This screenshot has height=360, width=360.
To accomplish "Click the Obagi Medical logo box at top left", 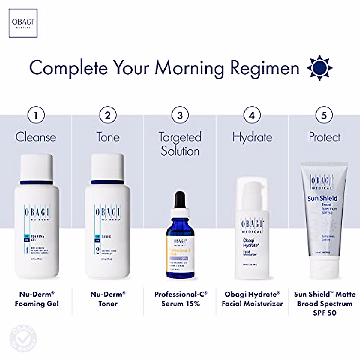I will click(x=23, y=23).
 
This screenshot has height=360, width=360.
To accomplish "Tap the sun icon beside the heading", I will click(x=319, y=68).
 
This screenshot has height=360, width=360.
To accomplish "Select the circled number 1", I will click(x=36, y=115).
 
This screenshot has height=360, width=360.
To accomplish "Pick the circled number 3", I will click(x=180, y=115).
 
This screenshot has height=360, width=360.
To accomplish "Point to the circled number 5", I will click(x=324, y=115).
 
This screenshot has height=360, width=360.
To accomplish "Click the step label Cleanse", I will click(x=36, y=137).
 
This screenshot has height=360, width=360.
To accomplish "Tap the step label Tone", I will click(x=108, y=137).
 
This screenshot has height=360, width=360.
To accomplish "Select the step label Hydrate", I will click(x=252, y=137).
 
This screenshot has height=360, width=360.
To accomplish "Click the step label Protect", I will click(x=325, y=137).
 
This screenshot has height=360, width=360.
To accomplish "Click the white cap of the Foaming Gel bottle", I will click(x=36, y=166).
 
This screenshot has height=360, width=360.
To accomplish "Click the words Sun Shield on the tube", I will click(x=322, y=198).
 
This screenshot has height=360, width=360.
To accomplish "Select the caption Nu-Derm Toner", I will click(x=108, y=299).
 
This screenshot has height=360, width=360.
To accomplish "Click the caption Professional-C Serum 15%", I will click(x=181, y=299).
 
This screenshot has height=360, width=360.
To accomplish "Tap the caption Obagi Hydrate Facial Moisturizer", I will click(x=252, y=299).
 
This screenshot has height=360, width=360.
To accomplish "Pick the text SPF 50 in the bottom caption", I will click(x=325, y=313).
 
